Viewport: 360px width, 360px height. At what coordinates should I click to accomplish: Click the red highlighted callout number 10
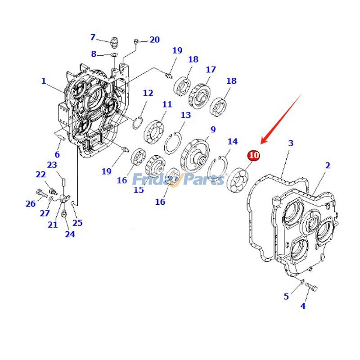(x=254, y=155)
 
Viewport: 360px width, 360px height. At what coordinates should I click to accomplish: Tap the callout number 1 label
(x=44, y=81)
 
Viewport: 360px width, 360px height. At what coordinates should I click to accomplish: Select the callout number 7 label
(x=93, y=37)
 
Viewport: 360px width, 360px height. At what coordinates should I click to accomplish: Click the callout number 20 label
(x=154, y=40)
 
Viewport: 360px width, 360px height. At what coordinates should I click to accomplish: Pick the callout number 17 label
(x=211, y=70)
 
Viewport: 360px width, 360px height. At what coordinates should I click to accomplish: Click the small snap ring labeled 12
(x=139, y=122)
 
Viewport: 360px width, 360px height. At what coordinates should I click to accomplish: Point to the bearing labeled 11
(x=154, y=130)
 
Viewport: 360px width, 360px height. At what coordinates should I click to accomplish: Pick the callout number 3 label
(x=291, y=143)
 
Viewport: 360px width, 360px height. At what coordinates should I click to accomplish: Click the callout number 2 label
(x=328, y=165)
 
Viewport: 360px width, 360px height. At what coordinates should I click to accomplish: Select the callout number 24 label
(x=69, y=234)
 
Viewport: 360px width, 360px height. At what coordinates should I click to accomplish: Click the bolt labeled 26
(x=41, y=193)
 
